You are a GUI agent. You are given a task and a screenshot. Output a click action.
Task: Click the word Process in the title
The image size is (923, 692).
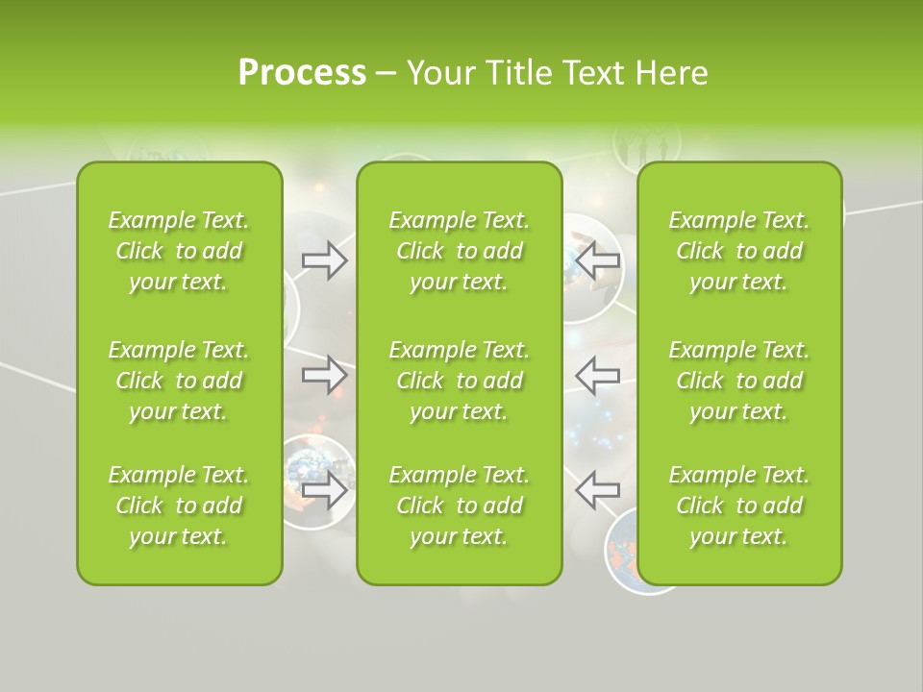click(x=302, y=73)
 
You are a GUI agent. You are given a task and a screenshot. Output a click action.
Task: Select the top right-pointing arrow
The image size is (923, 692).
click(x=325, y=259)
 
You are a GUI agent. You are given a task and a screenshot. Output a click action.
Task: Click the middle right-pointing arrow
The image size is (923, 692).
click(x=325, y=375)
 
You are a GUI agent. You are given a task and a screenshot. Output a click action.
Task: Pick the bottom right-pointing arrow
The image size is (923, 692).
click(x=325, y=490)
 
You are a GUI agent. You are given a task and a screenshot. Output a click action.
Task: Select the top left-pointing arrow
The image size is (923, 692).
click(x=598, y=259)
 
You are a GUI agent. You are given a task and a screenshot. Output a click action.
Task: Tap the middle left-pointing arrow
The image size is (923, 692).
click(x=598, y=375)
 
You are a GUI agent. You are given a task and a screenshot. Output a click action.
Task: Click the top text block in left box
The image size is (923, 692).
click(x=179, y=251)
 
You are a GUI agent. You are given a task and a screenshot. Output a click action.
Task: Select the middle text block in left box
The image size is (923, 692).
click(x=179, y=381)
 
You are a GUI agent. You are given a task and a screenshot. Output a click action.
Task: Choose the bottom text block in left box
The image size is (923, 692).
click(x=179, y=506)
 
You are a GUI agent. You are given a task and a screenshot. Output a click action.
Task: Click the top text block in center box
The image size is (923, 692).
click(x=459, y=251)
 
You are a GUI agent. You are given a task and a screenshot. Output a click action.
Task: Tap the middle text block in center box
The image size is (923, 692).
click(x=459, y=381)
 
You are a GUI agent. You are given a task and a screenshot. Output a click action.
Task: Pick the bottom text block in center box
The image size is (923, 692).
click(x=459, y=506)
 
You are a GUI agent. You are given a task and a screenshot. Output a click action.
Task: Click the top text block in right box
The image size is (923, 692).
click(x=738, y=251)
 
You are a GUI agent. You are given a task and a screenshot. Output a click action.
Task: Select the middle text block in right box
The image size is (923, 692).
click(x=738, y=381)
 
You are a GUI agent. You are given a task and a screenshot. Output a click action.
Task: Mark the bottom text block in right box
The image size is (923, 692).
click(x=738, y=506)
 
